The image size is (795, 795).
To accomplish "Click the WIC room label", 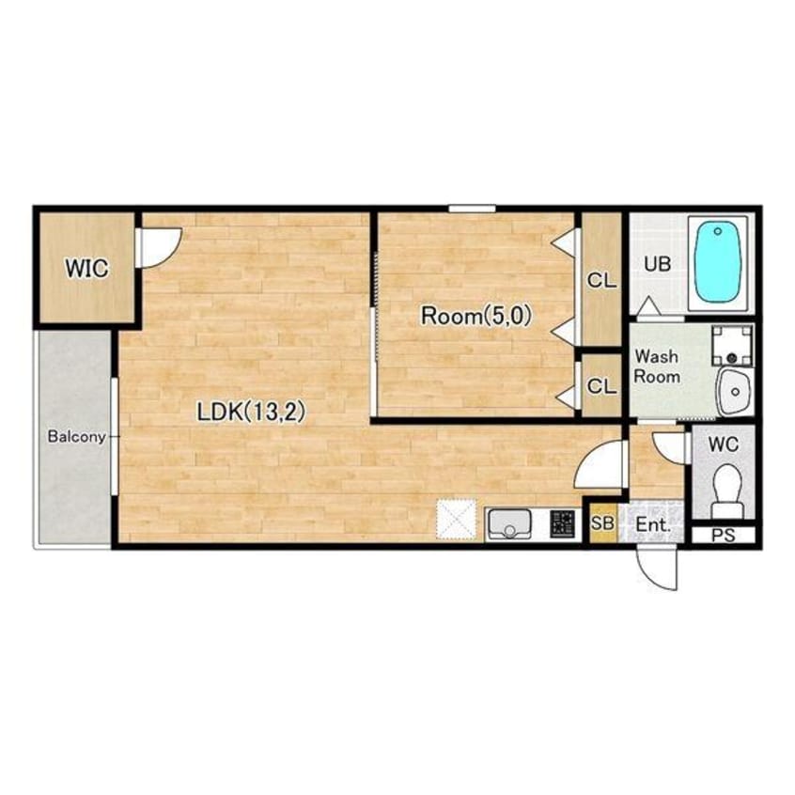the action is pos(86,268).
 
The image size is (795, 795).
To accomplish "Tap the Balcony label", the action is pos(76,437).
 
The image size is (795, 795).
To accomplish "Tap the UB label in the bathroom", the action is pos(658,264).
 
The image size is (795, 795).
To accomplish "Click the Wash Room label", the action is pos(657,366).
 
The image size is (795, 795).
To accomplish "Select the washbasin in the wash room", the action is pos(735,391).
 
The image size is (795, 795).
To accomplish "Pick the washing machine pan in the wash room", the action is pos(732,346).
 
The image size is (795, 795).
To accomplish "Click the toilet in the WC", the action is pos(726,491).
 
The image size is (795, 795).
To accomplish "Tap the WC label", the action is pos(724,444).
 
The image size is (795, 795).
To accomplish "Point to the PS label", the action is pos(723,536).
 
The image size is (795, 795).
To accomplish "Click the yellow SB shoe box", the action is pos(603,522).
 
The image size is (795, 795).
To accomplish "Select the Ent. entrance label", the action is pos(652,524).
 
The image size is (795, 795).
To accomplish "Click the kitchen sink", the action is pos(509,524).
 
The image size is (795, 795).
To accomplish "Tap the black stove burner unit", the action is pos(563,524).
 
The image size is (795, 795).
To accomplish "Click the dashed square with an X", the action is pos(457,520).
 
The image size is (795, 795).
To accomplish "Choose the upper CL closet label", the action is pos(601,280).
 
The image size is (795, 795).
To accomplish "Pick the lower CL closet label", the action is pos(601,386).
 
